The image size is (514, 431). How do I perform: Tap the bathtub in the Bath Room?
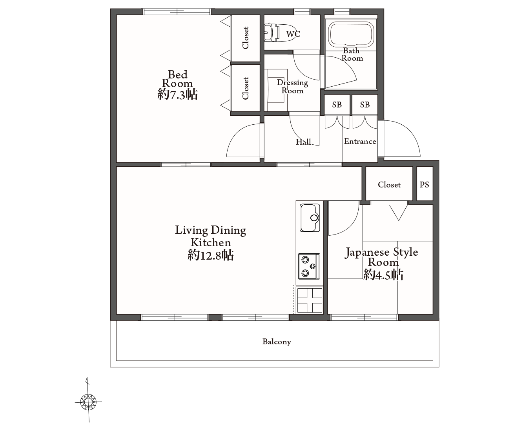[351, 34]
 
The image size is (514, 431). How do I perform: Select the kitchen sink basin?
[310, 218]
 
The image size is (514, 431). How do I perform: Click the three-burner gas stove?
[309, 266]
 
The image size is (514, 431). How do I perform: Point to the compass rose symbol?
[88, 402]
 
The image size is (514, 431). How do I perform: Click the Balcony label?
[277, 342]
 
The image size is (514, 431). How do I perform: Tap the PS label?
[424, 184]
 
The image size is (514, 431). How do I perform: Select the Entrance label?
[360, 141]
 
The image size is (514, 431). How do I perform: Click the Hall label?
[303, 142]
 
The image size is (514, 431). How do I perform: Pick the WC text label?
[293, 34]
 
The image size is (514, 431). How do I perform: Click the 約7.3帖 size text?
[177, 95]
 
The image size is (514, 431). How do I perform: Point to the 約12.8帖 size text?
[211, 255]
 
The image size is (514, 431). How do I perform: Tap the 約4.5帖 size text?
[383, 275]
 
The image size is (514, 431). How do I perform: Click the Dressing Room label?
[292, 86]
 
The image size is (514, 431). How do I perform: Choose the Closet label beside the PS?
[389, 185]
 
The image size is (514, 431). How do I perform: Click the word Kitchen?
[211, 243]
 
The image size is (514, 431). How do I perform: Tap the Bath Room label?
[352, 55]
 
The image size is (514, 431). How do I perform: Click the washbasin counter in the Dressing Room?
[276, 90]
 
